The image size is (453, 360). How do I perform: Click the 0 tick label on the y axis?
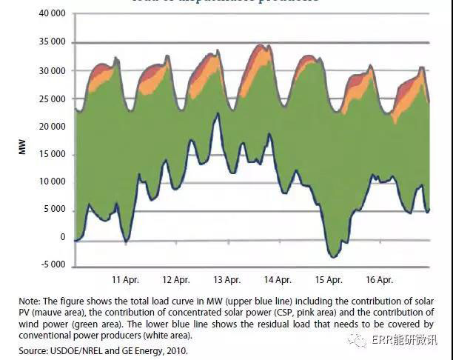[x=62, y=238]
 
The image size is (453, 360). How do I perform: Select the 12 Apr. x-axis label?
[x=175, y=280]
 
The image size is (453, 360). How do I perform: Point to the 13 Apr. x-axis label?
[x=226, y=280]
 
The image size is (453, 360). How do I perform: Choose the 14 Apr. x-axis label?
[x=278, y=280]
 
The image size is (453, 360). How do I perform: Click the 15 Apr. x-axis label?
[x=328, y=280]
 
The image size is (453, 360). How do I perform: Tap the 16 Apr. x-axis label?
[x=379, y=280]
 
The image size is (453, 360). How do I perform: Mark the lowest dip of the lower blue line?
[x=334, y=257]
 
